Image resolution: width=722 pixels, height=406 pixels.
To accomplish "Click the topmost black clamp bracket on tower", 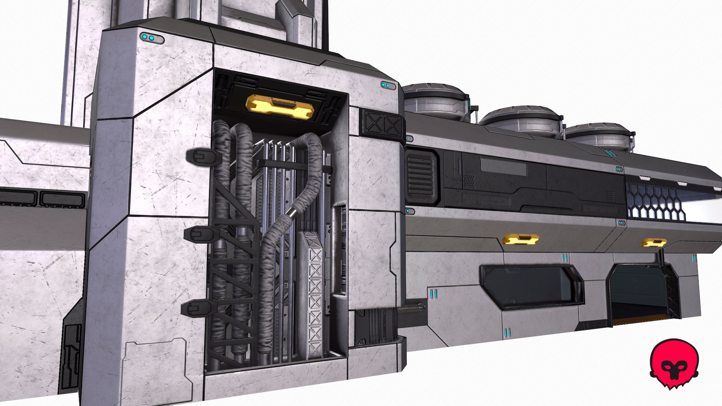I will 202,156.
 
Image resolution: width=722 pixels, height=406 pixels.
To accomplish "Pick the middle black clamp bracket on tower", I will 199,235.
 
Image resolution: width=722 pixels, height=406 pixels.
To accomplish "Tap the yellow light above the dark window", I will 520,239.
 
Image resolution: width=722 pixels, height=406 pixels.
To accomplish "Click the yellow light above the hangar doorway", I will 654,243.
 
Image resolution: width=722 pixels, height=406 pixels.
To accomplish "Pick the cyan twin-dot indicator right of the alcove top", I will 387,86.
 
